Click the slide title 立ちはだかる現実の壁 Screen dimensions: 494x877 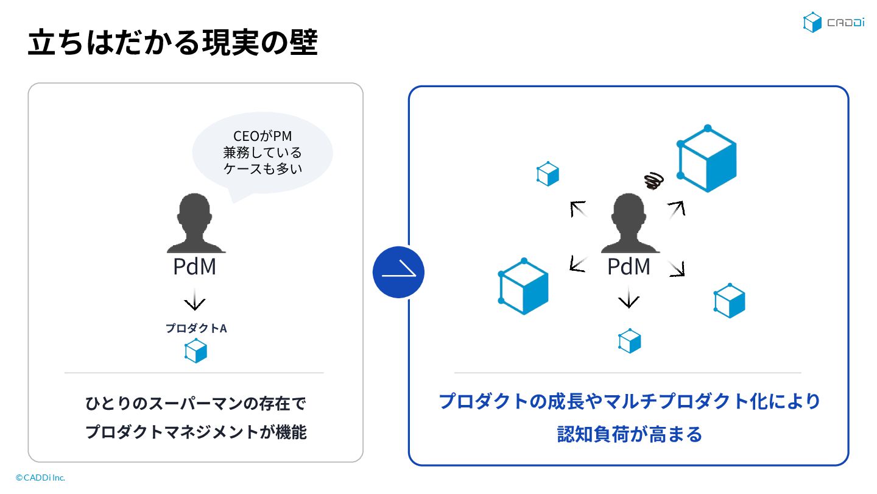pyautogui.click(x=172, y=43)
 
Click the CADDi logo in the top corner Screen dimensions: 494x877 pyautogui.click(x=833, y=23)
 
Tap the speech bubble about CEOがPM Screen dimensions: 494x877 pyautogui.click(x=262, y=152)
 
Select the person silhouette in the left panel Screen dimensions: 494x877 pyautogui.click(x=195, y=223)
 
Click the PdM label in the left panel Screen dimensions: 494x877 pyautogui.click(x=195, y=267)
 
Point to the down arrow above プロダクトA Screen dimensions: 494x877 pyautogui.click(x=195, y=301)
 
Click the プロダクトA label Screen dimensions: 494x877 pyautogui.click(x=195, y=328)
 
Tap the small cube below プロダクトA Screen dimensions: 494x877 pyautogui.click(x=195, y=351)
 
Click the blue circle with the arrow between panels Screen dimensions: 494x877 pyautogui.click(x=398, y=273)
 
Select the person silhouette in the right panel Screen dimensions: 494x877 pyautogui.click(x=629, y=223)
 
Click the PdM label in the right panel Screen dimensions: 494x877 pyautogui.click(x=629, y=267)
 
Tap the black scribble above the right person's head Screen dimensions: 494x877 pyautogui.click(x=653, y=180)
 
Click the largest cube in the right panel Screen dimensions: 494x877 pyautogui.click(x=707, y=159)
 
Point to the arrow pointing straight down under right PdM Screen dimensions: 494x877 pyautogui.click(x=629, y=299)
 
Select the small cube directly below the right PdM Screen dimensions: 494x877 pyautogui.click(x=629, y=342)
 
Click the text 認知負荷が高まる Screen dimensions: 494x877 pyautogui.click(x=629, y=434)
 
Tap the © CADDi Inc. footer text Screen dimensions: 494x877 pyautogui.click(x=40, y=478)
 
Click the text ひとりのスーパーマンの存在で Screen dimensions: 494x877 pyautogui.click(x=195, y=404)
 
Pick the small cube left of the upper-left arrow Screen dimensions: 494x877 pyautogui.click(x=548, y=174)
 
